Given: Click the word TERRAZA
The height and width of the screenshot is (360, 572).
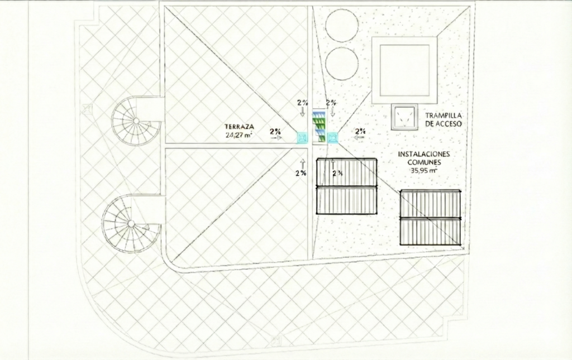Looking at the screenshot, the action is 239,127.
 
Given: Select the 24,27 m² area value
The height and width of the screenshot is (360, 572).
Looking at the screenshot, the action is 239,135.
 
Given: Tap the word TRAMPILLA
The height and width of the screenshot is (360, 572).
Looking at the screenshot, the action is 443,116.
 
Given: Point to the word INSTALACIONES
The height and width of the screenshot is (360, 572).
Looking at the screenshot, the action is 424,154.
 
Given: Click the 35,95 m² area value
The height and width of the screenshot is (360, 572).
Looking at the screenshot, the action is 424,170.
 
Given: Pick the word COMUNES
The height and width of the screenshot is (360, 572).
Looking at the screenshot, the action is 425,162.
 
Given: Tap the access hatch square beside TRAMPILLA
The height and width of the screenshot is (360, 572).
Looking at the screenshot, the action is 404,117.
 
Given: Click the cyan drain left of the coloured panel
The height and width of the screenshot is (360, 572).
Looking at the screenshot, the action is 302,138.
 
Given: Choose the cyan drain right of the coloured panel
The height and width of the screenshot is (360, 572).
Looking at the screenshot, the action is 332,138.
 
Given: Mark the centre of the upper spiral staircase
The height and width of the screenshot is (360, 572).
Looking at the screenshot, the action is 136,121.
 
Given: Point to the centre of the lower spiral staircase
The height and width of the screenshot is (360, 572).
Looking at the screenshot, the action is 131,223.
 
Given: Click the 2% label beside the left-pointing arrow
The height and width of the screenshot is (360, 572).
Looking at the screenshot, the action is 360,131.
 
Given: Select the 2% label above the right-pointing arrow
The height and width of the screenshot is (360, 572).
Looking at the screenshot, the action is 275,131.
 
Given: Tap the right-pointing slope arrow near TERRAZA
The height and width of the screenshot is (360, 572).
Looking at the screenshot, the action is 276,138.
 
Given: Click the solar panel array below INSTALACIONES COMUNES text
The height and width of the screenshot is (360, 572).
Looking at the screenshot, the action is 431,217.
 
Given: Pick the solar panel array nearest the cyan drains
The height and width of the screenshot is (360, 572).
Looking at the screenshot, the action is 346,186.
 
